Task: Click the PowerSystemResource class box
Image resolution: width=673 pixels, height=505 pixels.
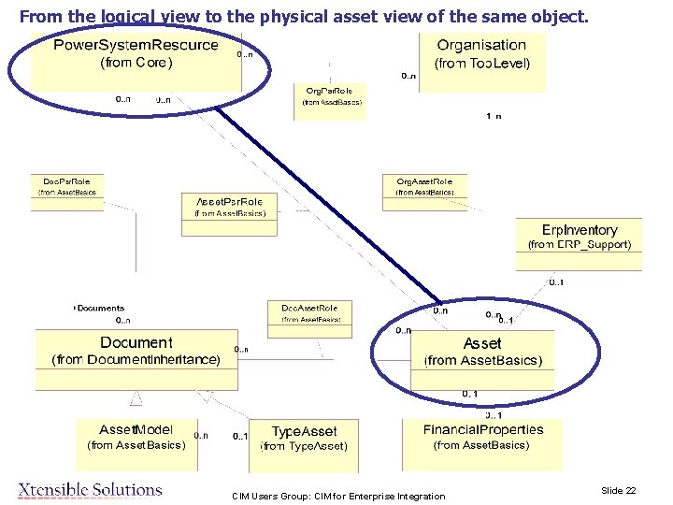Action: [x=136, y=58]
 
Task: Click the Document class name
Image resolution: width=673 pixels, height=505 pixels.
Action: [x=136, y=343]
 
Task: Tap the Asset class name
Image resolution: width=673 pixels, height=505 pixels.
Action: [x=482, y=343]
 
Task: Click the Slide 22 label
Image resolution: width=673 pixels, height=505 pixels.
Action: [x=618, y=491]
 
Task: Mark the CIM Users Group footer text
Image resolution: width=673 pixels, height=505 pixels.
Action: [x=338, y=496]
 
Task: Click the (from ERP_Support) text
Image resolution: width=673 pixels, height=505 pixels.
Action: [x=580, y=245]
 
